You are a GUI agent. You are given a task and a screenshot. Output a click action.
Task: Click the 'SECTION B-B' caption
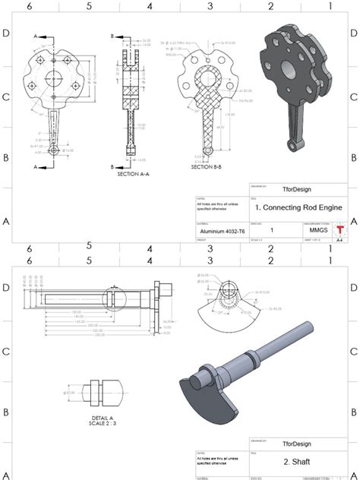pyautogui.click(x=207, y=166)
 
